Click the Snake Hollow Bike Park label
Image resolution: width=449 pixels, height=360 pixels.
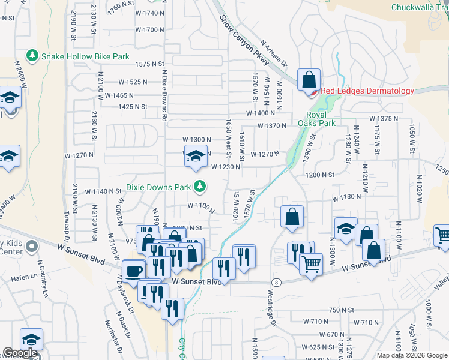click(x=85, y=56)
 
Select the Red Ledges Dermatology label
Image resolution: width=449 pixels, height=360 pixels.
click(x=367, y=91)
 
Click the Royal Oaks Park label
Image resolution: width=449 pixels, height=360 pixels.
click(x=316, y=119)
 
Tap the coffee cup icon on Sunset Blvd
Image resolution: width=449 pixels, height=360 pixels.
click(x=133, y=270)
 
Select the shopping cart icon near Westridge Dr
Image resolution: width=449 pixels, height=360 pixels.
click(x=310, y=264)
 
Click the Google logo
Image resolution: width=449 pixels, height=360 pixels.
click(x=20, y=353)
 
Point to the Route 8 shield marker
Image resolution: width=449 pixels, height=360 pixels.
click(x=276, y=282)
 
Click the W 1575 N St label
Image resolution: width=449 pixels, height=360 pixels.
click(x=149, y=64)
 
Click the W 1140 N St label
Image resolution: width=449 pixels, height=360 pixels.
click(x=103, y=191)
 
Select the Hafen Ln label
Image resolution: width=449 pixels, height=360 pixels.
click(x=24, y=278)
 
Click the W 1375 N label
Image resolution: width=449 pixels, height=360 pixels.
click(x=384, y=119)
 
